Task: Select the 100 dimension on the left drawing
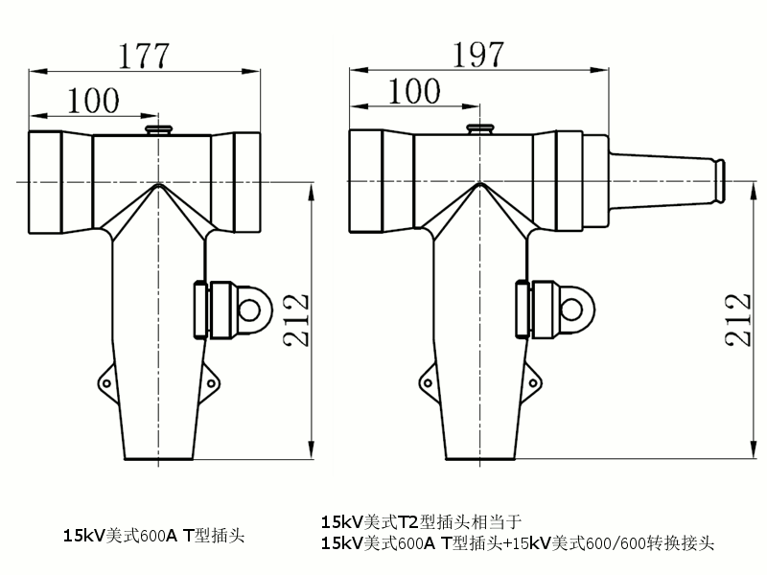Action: pyautogui.click(x=93, y=98)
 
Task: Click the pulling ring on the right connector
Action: pyautogui.click(x=572, y=309)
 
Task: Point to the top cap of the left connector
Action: pyautogui.click(x=155, y=128)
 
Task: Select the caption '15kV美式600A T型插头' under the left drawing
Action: pyautogui.click(x=153, y=536)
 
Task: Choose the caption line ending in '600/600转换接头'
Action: pyautogui.click(x=518, y=544)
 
